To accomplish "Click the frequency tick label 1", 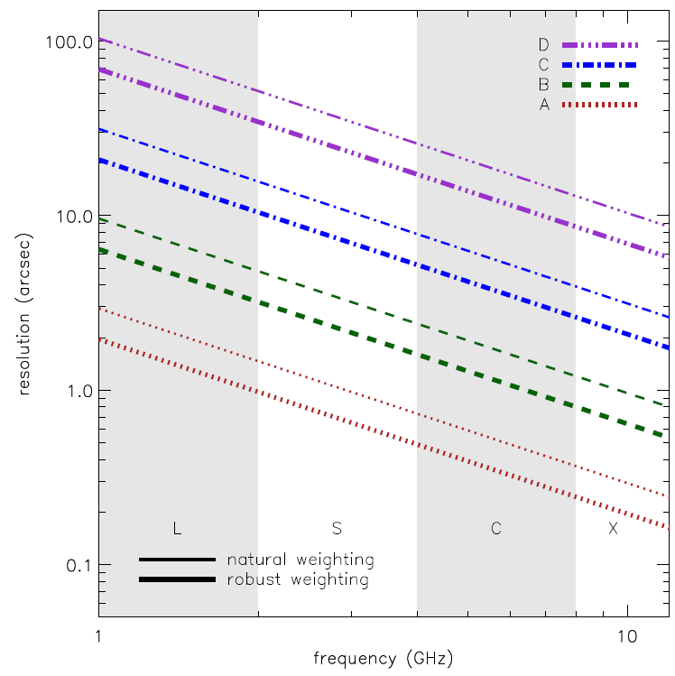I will (98, 635).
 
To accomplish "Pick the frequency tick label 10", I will (628, 635).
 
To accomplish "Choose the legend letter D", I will (543, 43).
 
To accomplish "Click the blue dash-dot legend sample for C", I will (599, 64).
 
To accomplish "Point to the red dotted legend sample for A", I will (599, 106).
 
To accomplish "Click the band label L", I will (177, 528).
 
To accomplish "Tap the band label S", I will (337, 528).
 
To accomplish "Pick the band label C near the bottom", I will (495, 528).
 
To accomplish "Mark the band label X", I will (613, 528).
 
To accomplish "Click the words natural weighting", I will (301, 560).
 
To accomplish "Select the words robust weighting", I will (298, 579).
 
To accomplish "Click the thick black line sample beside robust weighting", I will (177, 579).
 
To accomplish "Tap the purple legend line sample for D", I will (599, 43).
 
